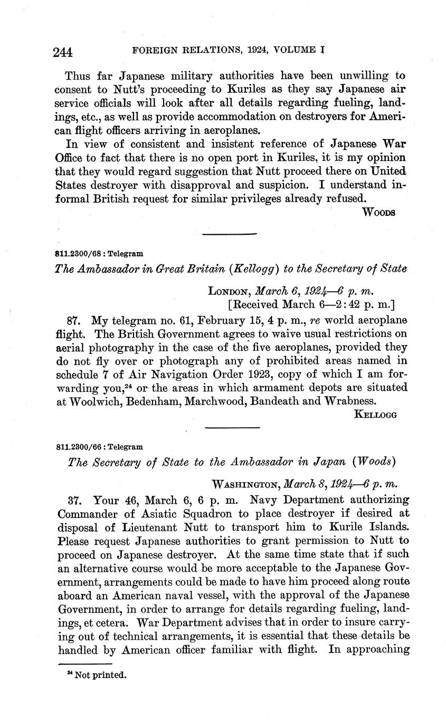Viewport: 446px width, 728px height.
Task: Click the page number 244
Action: [62, 52]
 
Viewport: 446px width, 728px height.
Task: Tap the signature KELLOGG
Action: [375, 414]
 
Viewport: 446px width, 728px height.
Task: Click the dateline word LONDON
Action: [230, 291]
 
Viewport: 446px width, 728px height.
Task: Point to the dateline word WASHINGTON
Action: [245, 484]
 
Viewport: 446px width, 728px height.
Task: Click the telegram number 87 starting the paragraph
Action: [74, 320]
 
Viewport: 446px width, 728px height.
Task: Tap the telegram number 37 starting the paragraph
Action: [74, 499]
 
